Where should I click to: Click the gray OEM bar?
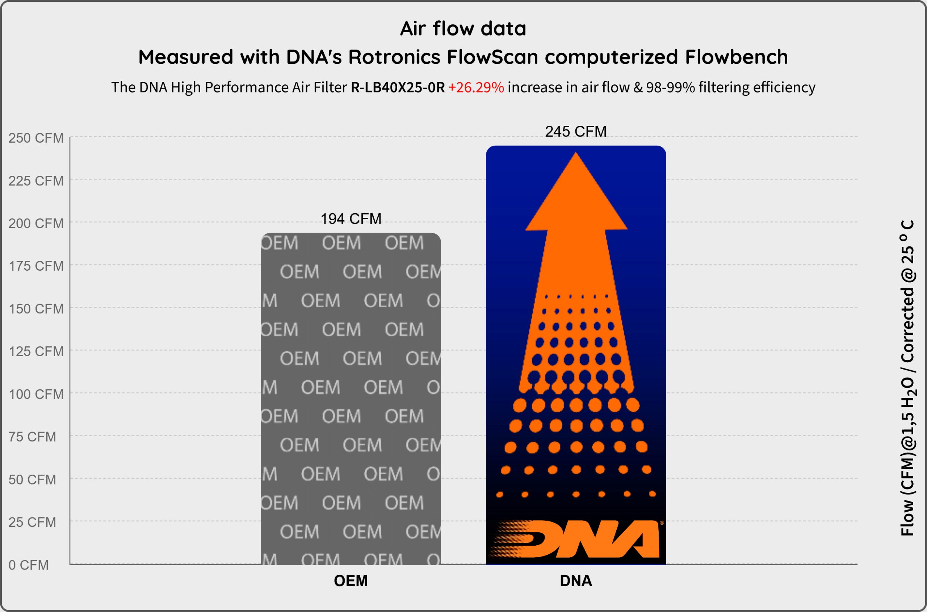click(351, 399)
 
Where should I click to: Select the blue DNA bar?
click(576, 355)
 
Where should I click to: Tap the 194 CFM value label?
click(351, 219)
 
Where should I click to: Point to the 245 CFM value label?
click(576, 132)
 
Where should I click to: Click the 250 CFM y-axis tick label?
click(36, 138)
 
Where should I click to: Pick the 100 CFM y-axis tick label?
click(36, 394)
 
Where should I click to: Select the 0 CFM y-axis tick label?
click(29, 565)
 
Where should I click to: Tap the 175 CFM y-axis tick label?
click(36, 266)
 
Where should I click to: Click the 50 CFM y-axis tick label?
click(32, 479)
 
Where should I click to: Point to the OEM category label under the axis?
click(351, 581)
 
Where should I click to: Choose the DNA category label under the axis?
click(576, 581)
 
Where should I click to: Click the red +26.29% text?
click(476, 87)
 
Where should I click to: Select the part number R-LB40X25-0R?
click(398, 87)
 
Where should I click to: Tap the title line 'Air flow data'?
click(463, 29)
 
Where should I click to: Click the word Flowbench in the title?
click(736, 57)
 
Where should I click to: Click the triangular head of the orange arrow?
click(576, 191)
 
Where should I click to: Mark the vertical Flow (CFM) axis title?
click(907, 378)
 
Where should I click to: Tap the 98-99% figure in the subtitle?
click(670, 87)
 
